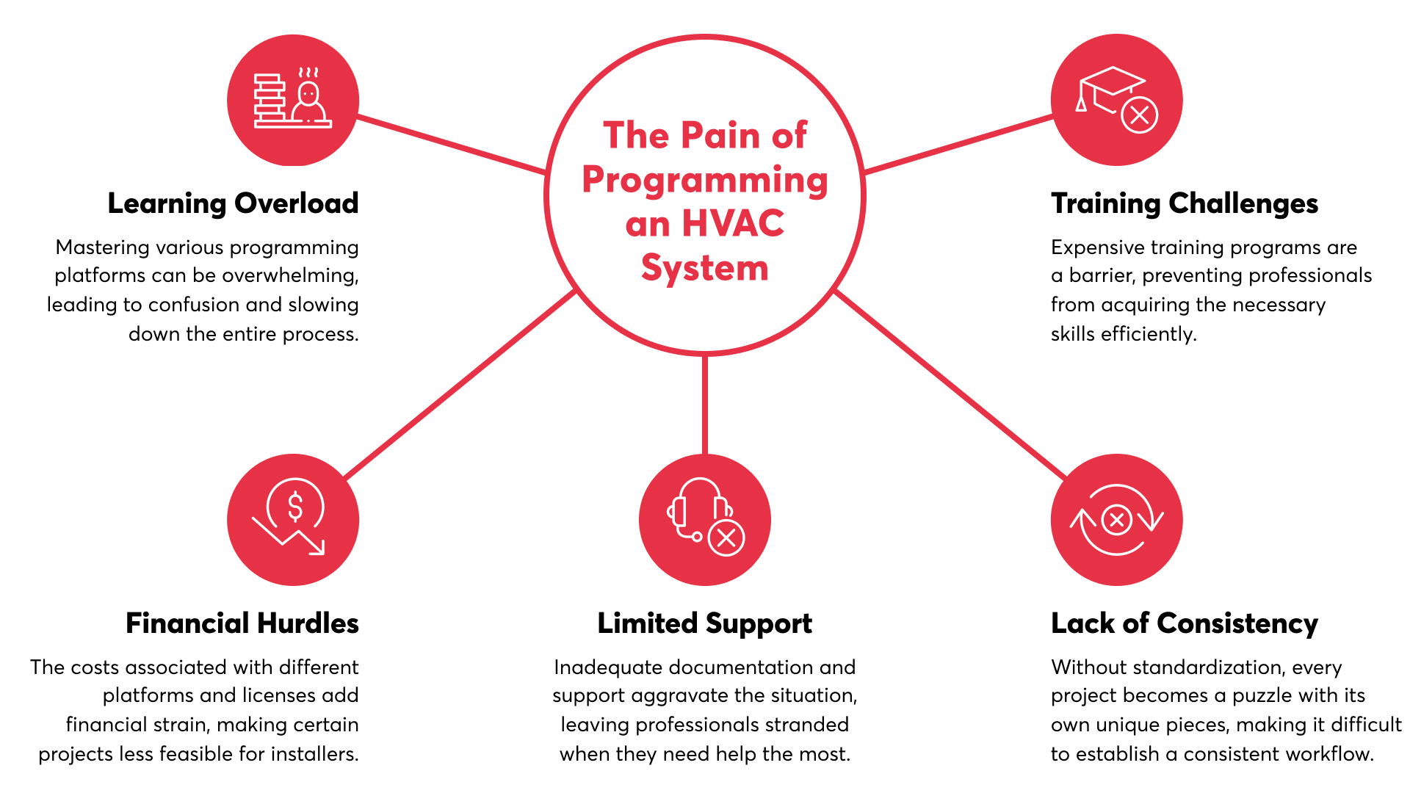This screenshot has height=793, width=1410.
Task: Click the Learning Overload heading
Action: [233, 203]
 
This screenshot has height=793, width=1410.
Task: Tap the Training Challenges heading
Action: [1184, 203]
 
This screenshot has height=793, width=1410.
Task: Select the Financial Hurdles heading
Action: [242, 623]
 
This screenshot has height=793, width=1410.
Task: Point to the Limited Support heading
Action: [704, 623]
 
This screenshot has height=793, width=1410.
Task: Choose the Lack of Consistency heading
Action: [1184, 623]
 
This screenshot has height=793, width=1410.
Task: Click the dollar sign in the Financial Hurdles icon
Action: [295, 506]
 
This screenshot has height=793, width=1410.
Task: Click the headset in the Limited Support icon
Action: [698, 507]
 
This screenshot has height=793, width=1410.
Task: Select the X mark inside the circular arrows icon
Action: [1117, 521]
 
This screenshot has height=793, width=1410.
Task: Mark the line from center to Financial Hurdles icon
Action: [460, 384]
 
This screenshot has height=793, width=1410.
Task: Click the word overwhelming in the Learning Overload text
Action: [290, 275]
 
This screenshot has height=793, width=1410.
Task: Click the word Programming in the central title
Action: [704, 181]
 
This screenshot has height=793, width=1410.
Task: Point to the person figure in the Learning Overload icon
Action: [308, 103]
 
